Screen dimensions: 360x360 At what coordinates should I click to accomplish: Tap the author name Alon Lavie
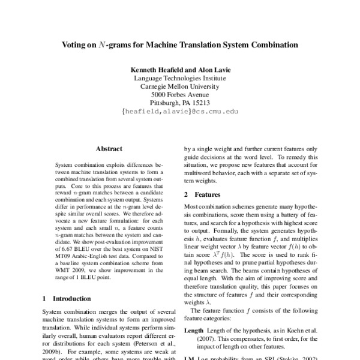coord(213,70)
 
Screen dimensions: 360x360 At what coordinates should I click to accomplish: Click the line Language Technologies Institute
coord(180,78)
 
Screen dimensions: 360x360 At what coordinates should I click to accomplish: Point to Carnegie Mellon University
coord(180,86)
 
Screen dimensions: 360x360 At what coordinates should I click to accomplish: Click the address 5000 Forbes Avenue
coord(180,94)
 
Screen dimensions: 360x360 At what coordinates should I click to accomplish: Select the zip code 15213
coord(199,103)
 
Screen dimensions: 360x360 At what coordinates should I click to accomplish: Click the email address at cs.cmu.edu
coord(180,111)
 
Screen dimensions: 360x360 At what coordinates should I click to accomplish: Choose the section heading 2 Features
coord(202,195)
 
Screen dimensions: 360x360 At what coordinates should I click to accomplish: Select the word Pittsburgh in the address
coord(166,103)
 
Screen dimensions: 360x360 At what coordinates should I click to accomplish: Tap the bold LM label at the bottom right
coord(188,358)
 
